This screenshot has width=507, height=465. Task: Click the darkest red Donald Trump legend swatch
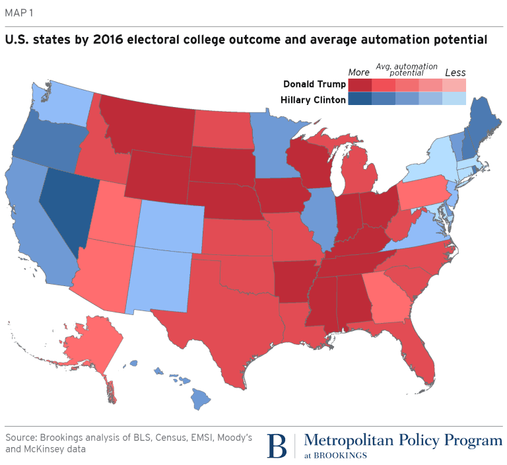point(360,85)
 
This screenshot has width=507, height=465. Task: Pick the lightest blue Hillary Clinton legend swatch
point(454,100)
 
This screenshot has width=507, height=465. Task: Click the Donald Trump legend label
point(314,85)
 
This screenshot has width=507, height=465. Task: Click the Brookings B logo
point(278,446)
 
